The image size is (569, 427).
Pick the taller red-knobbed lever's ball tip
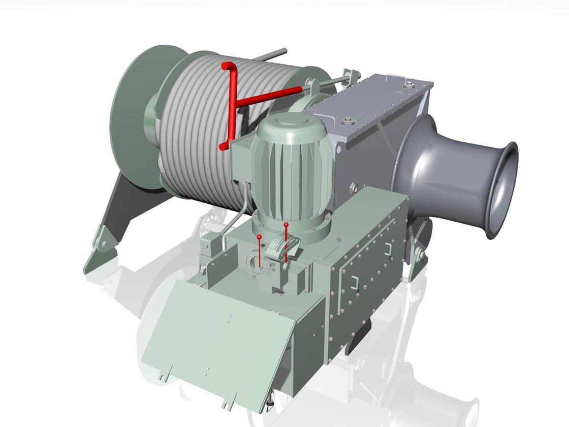pos(286,224)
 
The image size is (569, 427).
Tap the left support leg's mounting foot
pos(99,254)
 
